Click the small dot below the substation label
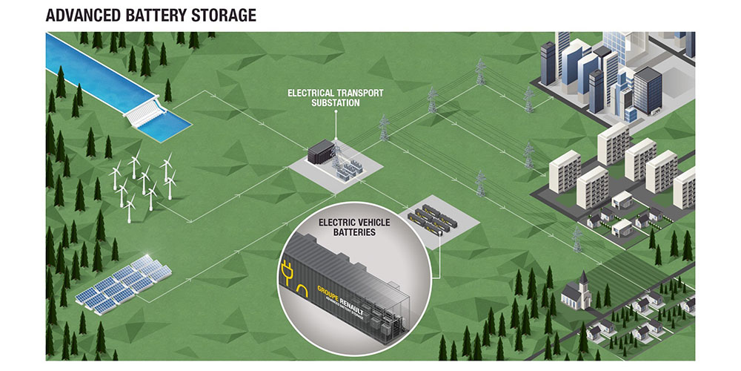click(335, 112)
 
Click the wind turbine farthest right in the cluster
click(168, 178)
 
